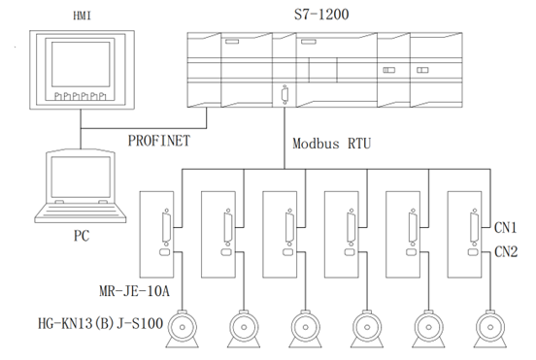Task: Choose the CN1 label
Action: [x=506, y=229]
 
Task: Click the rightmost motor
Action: [x=489, y=327]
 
